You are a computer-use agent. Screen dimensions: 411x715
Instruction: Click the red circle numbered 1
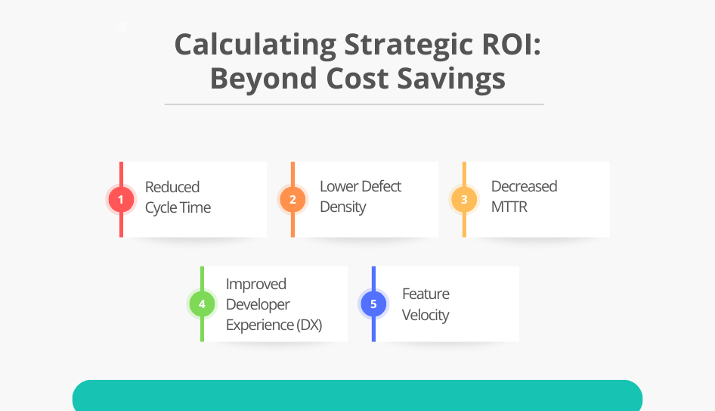121,200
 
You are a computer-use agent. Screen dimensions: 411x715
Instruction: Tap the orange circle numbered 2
292,200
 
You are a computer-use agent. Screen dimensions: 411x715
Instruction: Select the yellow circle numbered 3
464,200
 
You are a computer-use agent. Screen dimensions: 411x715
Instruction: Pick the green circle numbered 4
202,304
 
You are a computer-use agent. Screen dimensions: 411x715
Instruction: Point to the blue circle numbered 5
373,304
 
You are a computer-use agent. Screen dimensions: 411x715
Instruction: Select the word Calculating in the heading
255,45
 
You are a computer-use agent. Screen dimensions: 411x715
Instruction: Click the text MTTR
509,207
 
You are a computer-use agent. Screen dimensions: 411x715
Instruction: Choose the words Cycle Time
178,207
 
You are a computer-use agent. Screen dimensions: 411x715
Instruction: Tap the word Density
342,207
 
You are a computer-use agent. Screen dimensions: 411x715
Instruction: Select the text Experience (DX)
274,325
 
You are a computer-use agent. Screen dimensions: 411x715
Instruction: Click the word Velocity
426,315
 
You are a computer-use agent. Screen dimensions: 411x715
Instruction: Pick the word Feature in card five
426,294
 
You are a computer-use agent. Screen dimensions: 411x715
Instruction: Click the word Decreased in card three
524,186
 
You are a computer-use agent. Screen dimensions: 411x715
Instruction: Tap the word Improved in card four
256,284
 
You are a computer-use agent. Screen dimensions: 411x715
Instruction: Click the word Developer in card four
258,304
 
